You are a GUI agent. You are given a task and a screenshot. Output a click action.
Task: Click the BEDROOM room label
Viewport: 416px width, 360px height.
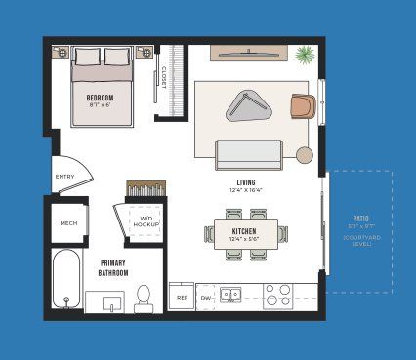(101, 98)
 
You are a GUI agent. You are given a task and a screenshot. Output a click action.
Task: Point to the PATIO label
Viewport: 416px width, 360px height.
(360, 219)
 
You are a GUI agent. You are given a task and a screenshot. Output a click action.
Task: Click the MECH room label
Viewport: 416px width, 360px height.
(68, 223)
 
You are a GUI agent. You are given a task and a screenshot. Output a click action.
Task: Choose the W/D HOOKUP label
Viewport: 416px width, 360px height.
(146, 221)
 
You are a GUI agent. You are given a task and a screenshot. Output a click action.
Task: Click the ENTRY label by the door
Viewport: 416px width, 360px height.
(65, 177)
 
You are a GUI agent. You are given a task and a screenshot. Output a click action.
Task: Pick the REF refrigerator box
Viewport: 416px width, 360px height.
(182, 297)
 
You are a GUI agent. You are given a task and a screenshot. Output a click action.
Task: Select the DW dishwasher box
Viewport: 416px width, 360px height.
(205, 297)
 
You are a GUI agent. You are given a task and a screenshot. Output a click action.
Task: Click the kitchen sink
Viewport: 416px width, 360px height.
(232, 294)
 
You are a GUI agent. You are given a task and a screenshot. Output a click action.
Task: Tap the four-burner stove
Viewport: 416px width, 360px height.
(278, 295)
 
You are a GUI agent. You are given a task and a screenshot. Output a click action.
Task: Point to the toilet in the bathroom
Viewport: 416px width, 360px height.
(144, 295)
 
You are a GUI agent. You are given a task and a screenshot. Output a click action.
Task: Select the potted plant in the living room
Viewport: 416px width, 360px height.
(305, 55)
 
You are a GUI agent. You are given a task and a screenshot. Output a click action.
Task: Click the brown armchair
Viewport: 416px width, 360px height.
(303, 105)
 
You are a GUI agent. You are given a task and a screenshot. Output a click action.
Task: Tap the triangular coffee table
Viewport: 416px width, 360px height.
(249, 104)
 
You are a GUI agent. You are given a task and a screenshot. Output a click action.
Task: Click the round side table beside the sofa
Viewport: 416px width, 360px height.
(305, 154)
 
